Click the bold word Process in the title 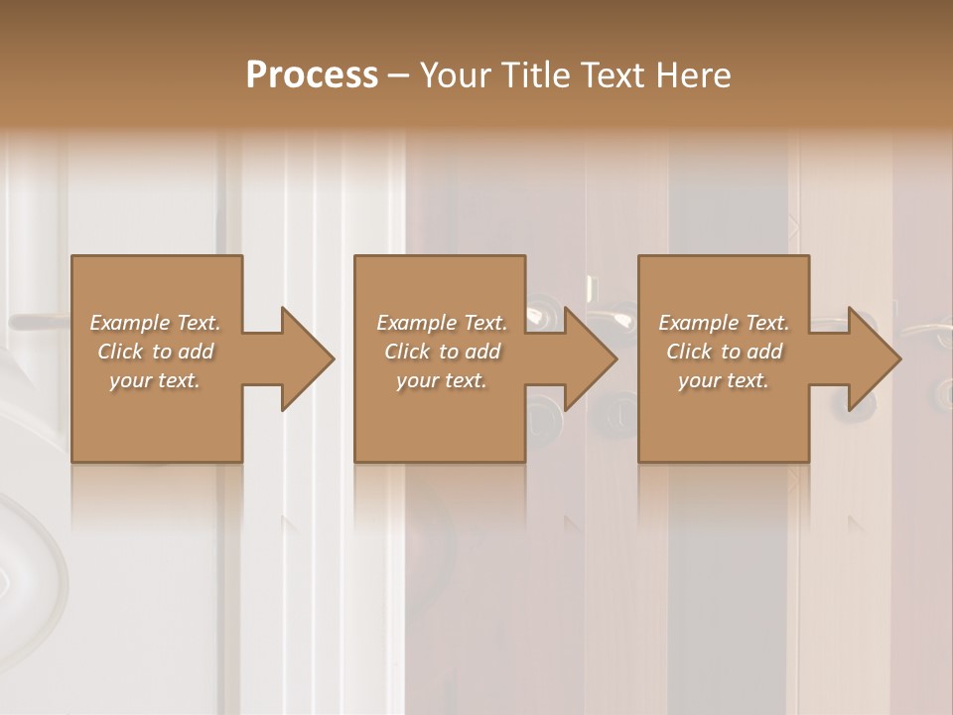click(312, 75)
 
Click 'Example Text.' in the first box click(155, 323)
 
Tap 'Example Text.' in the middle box click(442, 323)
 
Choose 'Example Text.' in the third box click(724, 323)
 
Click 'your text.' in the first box click(155, 380)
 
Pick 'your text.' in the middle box click(442, 380)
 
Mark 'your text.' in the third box click(724, 380)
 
